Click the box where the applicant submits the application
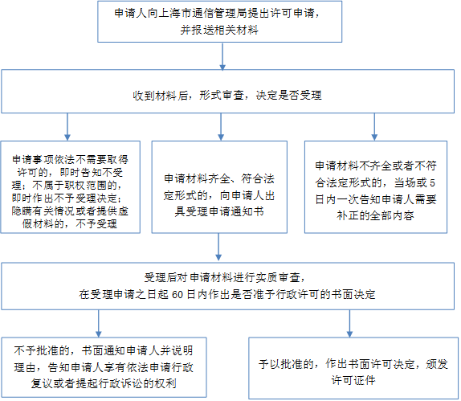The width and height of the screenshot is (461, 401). tap(219, 22)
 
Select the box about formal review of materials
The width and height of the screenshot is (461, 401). tap(227, 91)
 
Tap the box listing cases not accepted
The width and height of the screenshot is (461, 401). tap(70, 187)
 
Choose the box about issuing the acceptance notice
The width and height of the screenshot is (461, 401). tap(219, 187)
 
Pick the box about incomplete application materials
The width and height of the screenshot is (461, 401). tap(376, 187)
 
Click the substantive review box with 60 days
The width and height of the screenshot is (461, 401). tap(227, 286)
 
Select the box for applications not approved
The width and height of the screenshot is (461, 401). tap(104, 367)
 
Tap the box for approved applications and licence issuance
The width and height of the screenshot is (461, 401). tap(353, 368)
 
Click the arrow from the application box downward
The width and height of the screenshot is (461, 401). tap(222, 57)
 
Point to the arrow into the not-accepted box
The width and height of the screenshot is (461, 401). tap(67, 127)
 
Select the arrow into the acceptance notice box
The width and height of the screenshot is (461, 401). tap(221, 127)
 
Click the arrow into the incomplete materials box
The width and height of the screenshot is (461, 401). tap(374, 127)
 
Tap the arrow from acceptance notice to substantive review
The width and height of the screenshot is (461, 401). tap(218, 248)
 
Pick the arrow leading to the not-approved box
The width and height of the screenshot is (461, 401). tap(99, 324)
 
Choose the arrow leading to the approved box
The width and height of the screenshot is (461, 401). tap(349, 324)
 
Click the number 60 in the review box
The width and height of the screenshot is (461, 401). tap(177, 294)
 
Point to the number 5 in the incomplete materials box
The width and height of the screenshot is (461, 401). tap(432, 183)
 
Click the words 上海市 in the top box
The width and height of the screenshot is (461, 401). tap(174, 13)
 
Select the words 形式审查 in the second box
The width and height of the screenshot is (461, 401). tap(222, 96)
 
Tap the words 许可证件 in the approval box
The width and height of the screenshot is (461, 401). tap(353, 380)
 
